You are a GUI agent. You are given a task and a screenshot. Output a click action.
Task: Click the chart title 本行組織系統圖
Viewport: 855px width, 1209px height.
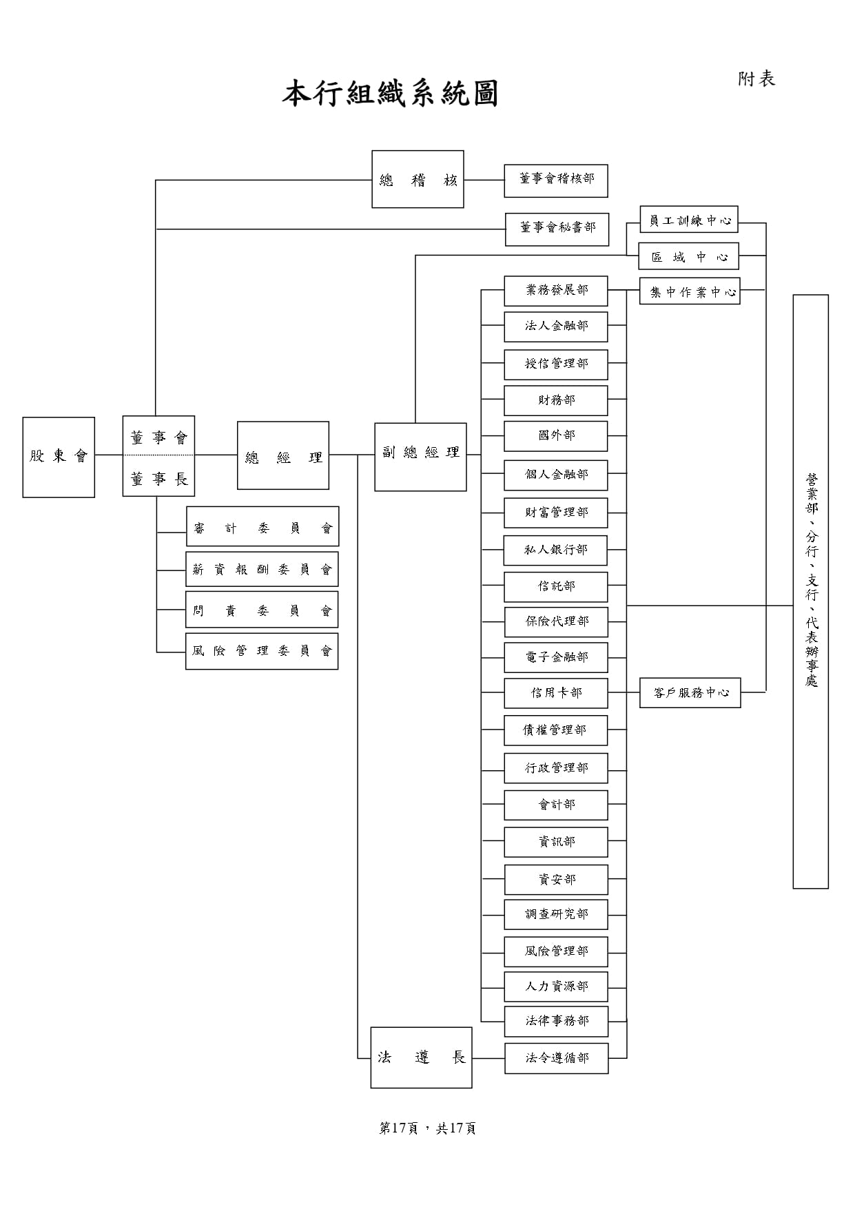coord(389,94)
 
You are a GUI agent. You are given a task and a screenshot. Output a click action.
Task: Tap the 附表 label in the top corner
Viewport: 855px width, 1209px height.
coord(756,79)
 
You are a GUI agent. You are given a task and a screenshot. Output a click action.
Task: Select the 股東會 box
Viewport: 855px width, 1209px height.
coord(59,457)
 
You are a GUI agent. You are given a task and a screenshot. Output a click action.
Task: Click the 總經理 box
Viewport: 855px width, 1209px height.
coord(283,456)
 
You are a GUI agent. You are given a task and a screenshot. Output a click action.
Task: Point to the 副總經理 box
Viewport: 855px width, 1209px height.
coord(420,457)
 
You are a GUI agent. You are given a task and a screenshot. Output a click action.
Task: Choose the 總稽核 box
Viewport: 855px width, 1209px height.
coord(418,179)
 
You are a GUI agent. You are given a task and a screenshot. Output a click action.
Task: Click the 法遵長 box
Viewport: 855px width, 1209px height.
coord(421,1057)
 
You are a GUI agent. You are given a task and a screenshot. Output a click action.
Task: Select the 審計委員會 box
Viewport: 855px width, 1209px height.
coord(262,527)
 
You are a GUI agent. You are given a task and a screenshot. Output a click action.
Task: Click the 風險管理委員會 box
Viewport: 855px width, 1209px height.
coord(262,651)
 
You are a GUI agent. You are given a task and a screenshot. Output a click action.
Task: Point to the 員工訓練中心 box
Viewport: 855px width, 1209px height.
coord(689,220)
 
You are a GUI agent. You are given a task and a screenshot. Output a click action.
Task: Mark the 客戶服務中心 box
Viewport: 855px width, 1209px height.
coord(690,692)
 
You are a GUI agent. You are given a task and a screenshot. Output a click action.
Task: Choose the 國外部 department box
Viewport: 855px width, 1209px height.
coord(556,436)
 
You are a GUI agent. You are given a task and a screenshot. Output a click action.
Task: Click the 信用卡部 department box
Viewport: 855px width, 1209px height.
coord(556,693)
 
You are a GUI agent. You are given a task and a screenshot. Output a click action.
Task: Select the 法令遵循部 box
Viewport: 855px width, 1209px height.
coord(557,1058)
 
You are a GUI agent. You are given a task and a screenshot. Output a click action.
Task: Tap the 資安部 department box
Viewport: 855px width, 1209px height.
coord(556,880)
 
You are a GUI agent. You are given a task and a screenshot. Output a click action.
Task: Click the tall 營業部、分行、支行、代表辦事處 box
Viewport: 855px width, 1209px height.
coord(811,591)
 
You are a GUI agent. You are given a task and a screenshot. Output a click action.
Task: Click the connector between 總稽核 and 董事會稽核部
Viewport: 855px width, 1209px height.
coord(484,180)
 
